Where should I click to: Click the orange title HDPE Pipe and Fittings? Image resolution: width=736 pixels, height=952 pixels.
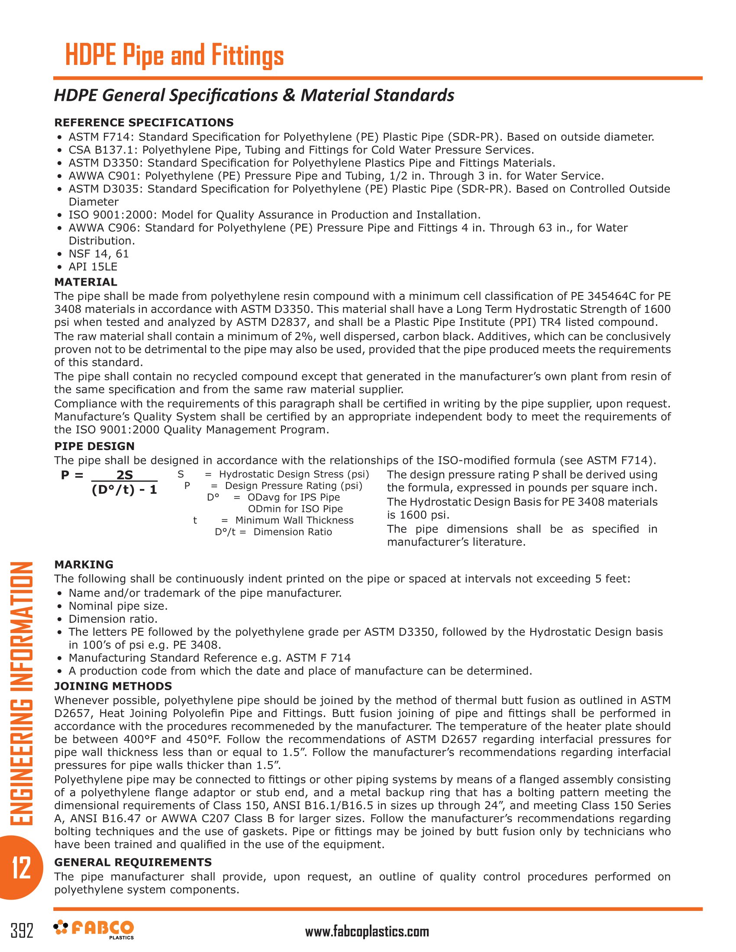tap(174, 55)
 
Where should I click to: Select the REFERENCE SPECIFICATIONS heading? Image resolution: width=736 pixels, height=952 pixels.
tap(144, 122)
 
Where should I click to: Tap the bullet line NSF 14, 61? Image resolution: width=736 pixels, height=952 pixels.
tap(99, 254)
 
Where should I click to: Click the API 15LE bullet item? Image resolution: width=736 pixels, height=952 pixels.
tap(93, 267)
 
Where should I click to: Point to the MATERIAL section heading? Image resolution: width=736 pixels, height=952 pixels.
tap(85, 282)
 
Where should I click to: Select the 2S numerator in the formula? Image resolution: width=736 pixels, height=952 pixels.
tap(125, 475)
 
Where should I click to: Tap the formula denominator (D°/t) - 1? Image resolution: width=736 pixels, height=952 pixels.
tap(124, 490)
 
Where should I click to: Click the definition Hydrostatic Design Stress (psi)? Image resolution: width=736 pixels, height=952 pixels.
tap(294, 474)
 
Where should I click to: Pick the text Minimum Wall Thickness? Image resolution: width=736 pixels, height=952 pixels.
tap(294, 521)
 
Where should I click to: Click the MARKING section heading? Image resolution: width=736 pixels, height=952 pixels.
tap(84, 564)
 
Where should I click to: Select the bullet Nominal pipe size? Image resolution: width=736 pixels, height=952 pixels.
tap(118, 606)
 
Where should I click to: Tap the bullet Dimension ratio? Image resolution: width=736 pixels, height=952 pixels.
tap(113, 619)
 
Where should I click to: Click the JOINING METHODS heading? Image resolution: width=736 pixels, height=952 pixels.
tap(113, 686)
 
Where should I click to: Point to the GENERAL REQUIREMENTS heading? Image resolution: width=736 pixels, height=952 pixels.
tap(133, 862)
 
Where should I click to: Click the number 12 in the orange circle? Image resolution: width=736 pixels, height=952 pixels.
tap(20, 868)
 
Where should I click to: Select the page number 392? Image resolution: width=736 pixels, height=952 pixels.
tap(22, 930)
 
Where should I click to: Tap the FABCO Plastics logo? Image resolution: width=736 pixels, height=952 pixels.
tap(94, 929)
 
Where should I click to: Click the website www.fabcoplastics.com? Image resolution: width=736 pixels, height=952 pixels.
tap(367, 932)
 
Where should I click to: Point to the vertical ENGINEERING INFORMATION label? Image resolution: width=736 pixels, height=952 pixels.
tap(21, 693)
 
